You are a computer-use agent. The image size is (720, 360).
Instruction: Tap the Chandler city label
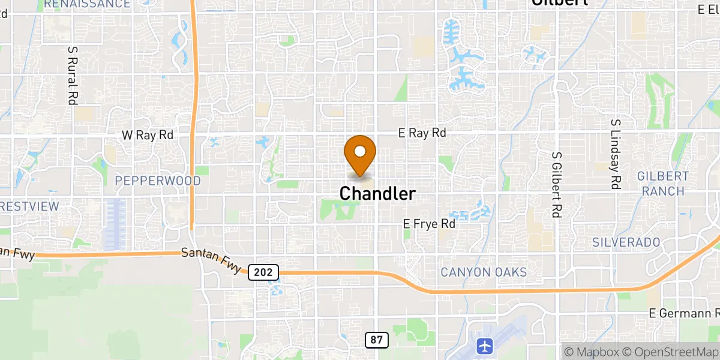point(377,194)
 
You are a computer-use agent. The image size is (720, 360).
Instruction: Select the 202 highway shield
point(263,272)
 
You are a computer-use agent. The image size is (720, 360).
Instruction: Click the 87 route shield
point(376,340)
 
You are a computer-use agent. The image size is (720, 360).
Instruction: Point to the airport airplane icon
point(484,346)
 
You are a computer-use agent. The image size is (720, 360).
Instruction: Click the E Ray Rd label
point(422,133)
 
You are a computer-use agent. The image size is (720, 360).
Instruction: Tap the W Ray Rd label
point(148,135)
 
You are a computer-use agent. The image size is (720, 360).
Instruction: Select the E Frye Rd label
point(429,224)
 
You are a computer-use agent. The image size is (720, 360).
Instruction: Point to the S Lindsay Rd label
point(614,154)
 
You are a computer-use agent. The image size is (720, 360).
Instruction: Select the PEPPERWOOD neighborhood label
point(157,181)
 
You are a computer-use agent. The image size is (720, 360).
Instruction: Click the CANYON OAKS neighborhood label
point(484,272)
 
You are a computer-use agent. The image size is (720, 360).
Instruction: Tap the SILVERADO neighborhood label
point(626,242)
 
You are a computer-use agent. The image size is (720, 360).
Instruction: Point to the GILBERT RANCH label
point(663,184)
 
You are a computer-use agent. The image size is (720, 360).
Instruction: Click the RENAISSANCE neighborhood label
point(87,4)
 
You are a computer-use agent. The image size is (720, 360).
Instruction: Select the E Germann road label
point(684,314)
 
